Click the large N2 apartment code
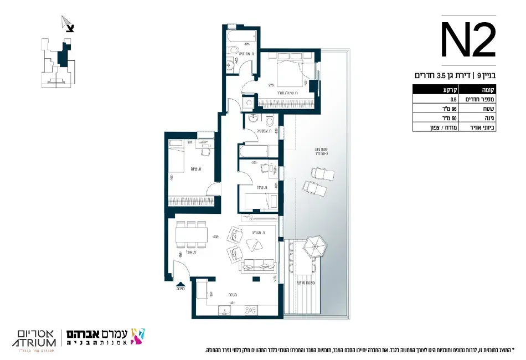tap(468, 40)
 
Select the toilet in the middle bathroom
tap(269, 120)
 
